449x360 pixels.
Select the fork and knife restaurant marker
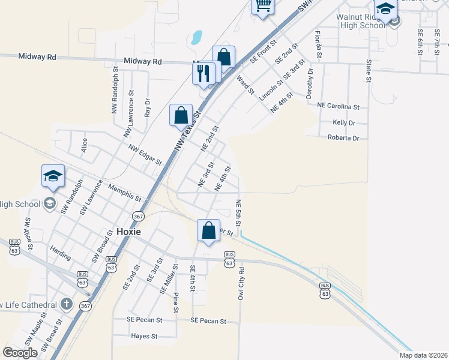coord(203,73)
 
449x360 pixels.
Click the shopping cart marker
coord(262,5)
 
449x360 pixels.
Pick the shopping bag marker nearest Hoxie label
coord(208,230)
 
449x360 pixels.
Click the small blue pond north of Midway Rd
coord(196,38)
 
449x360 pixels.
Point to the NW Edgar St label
coord(145,154)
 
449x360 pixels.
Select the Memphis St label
coord(124,193)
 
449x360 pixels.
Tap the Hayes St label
coord(144,337)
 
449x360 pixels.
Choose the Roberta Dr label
coord(343,137)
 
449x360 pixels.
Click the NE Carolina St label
coord(338,106)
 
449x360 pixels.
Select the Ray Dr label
coord(146,107)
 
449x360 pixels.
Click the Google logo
coord(20,353)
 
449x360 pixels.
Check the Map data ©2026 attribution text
coord(422,355)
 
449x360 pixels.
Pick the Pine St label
coord(175,302)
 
